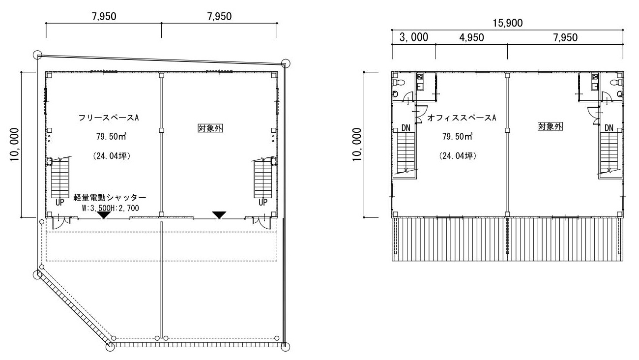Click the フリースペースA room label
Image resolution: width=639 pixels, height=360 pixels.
pyautogui.click(x=109, y=118)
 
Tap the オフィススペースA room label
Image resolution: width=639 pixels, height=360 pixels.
pyautogui.click(x=462, y=118)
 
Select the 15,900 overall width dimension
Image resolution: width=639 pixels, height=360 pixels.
pyautogui.click(x=508, y=23)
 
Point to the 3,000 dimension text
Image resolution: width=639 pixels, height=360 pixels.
pyautogui.click(x=414, y=37)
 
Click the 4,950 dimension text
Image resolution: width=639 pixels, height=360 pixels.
pyautogui.click(x=471, y=38)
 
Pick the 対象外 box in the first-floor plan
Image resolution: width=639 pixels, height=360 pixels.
pyautogui.click(x=210, y=128)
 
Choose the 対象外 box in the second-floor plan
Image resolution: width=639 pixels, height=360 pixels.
pyautogui.click(x=550, y=126)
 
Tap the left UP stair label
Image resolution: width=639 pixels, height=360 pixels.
pyautogui.click(x=60, y=203)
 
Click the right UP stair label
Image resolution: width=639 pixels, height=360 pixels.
pyautogui.click(x=263, y=203)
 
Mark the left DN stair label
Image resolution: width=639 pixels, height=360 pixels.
pyautogui.click(x=406, y=128)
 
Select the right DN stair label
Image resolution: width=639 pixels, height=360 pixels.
pyautogui.click(x=609, y=128)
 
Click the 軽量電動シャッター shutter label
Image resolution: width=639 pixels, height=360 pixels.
pyautogui.click(x=110, y=198)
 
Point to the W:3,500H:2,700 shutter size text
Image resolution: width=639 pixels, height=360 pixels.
pyautogui.click(x=111, y=208)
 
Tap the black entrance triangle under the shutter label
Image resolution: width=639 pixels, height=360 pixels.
pyautogui.click(x=104, y=215)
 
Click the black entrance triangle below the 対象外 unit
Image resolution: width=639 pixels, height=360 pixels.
pyautogui.click(x=219, y=215)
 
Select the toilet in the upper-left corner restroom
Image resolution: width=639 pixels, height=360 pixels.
pyautogui.click(x=399, y=83)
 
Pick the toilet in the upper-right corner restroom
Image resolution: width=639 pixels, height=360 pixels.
pyautogui.click(x=616, y=83)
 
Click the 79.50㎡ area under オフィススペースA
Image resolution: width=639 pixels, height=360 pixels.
pyautogui.click(x=457, y=136)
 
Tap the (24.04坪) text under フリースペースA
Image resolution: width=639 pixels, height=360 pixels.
pyautogui.click(x=112, y=156)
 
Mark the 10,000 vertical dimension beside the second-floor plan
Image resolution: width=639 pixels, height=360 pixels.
pyautogui.click(x=357, y=145)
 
